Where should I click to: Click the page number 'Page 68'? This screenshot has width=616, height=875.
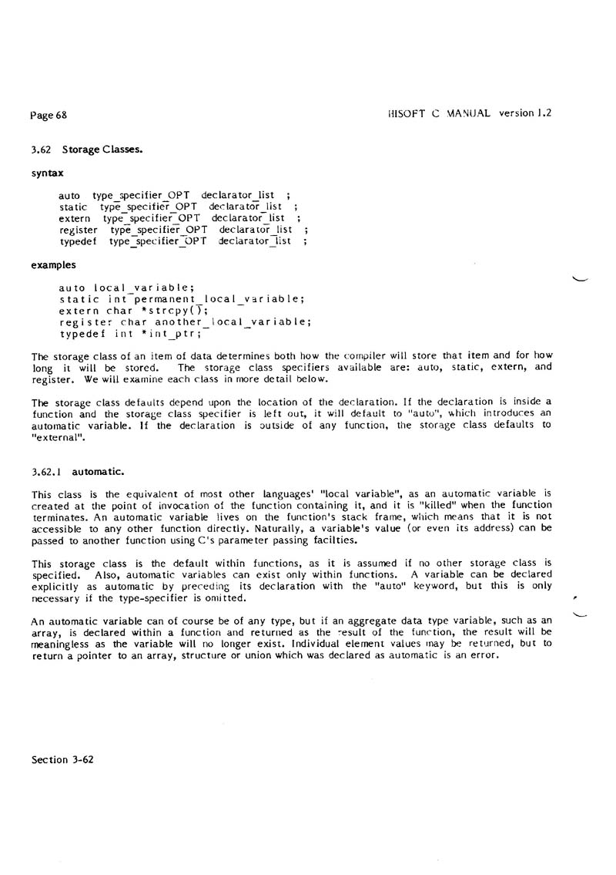(49, 116)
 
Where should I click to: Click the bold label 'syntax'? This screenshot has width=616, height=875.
(47, 173)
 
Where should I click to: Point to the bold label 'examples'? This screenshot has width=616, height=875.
(53, 264)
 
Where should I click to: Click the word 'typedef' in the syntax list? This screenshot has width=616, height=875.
(77, 241)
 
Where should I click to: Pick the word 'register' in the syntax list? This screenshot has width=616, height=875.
(79, 230)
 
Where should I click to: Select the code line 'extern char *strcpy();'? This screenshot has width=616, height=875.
(133, 311)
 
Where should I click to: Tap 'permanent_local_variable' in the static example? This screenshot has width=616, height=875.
(215, 299)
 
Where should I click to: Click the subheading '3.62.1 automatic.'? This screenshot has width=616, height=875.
(78, 469)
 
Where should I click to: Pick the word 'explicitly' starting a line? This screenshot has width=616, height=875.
(55, 585)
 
